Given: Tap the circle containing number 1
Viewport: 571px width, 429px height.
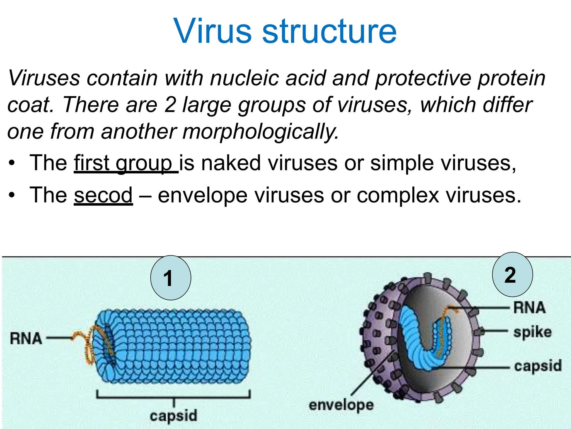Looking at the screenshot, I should point(171,278).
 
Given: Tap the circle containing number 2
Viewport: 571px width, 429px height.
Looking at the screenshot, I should point(512,275).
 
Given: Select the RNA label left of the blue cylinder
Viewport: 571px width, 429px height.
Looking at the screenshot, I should point(26,339).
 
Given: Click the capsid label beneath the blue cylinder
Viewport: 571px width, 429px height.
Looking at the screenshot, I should point(173,416).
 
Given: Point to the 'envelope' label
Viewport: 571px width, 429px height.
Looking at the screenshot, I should point(341,405).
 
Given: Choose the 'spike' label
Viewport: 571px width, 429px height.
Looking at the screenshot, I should point(533,332).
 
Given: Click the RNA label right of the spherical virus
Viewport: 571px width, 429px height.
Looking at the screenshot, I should point(529,308).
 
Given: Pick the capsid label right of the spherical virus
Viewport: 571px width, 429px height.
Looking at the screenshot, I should point(538,366).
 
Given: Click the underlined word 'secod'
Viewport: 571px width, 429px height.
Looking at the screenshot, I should point(103,195).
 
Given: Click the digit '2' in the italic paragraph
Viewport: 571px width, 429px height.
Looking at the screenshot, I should point(170,105).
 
